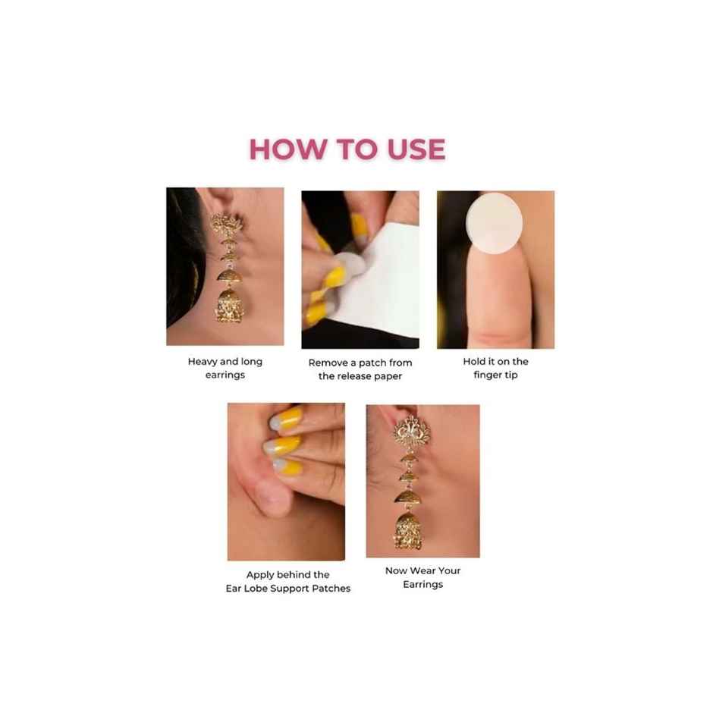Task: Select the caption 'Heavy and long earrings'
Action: pyautogui.click(x=225, y=369)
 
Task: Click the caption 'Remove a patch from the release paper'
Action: pyautogui.click(x=360, y=369)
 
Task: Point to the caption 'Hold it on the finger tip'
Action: pyautogui.click(x=495, y=369)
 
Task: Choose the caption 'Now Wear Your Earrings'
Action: pyautogui.click(x=422, y=577)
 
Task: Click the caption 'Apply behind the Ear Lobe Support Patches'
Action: pyautogui.click(x=287, y=582)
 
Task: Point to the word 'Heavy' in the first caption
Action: pyautogui.click(x=203, y=362)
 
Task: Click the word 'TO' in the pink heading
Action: pyautogui.click(x=347, y=149)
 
